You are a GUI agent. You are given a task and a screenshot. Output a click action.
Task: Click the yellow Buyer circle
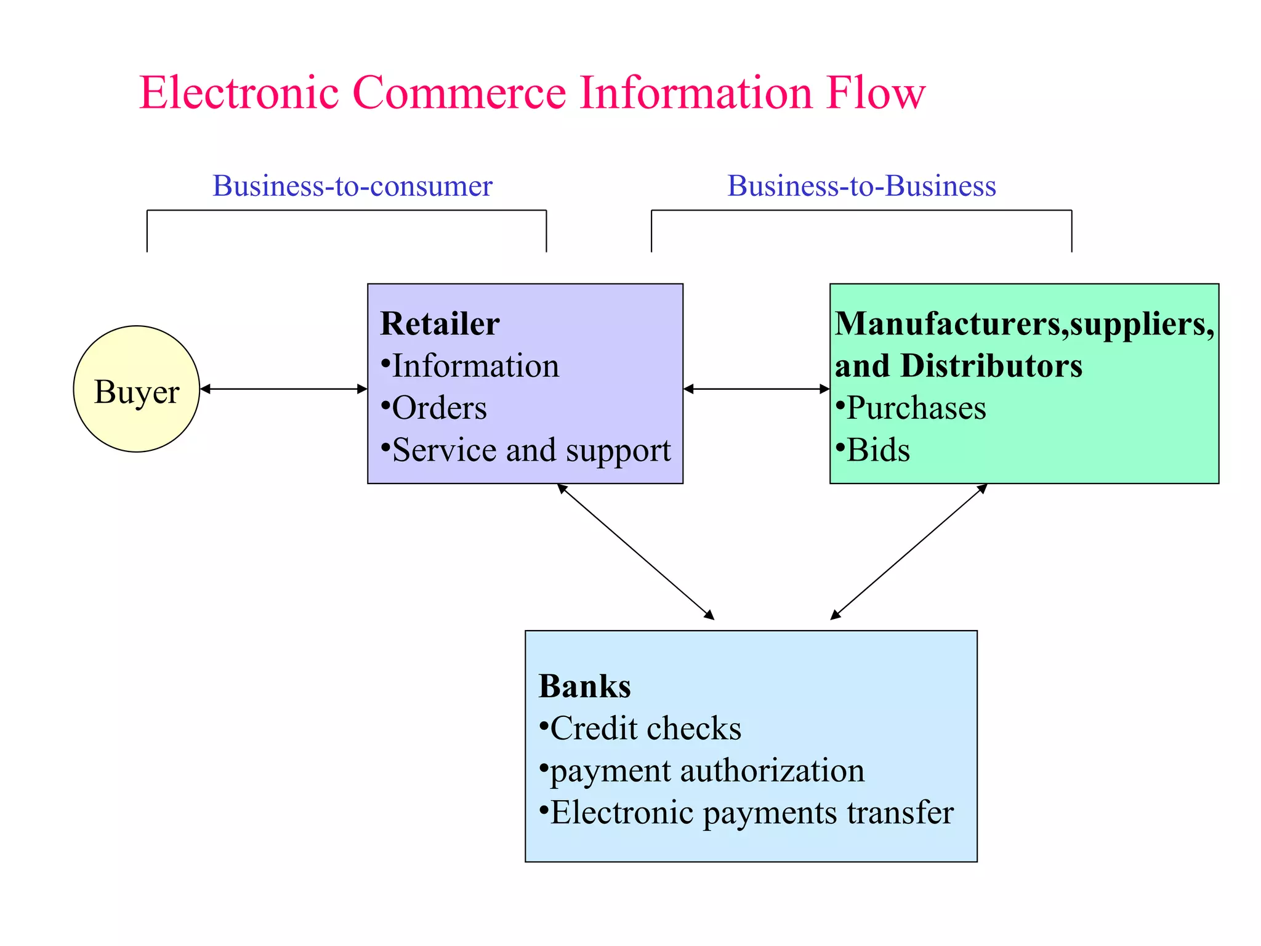click(136, 389)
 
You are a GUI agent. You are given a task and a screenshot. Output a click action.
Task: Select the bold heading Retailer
click(440, 324)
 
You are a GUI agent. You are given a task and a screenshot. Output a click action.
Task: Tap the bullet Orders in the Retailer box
click(438, 408)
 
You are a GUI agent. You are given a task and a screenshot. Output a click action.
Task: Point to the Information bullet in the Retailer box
click(475, 366)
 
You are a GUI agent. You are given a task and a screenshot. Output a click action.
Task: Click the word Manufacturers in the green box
click(949, 324)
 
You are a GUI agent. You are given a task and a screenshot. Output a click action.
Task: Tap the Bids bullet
click(877, 450)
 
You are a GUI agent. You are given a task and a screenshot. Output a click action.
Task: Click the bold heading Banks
click(584, 686)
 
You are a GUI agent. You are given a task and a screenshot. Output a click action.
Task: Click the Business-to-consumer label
click(352, 186)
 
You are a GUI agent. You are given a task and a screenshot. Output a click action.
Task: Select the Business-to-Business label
click(861, 186)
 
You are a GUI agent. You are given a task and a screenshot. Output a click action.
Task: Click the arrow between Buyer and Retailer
click(283, 389)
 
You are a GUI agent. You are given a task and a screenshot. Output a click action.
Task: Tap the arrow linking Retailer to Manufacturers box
click(756, 389)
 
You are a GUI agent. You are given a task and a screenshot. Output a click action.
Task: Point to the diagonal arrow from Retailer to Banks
click(635, 552)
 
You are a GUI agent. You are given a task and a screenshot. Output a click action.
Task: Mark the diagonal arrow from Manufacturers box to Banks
click(909, 552)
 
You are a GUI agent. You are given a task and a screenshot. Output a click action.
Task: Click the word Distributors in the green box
click(991, 366)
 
